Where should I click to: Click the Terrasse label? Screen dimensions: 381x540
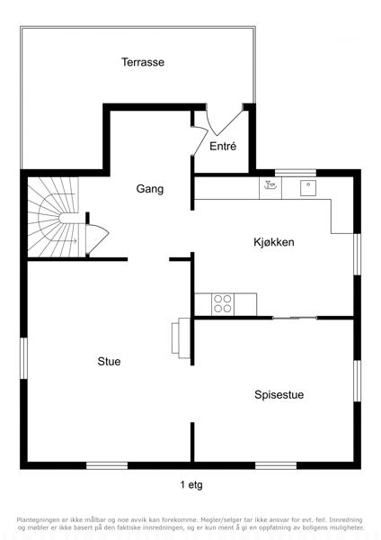point(143,62)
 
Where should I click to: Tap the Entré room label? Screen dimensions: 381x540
point(223,146)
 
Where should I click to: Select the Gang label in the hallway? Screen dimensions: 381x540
point(150,189)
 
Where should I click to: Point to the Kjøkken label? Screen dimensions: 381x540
point(274,242)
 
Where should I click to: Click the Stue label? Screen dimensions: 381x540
point(109,361)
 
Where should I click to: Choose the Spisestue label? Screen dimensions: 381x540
point(279,394)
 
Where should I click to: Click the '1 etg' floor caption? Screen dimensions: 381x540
point(191,485)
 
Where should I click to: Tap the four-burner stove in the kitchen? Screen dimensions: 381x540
point(223,304)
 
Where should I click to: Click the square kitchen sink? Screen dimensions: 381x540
point(308,188)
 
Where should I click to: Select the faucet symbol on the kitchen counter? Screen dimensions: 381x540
point(270,185)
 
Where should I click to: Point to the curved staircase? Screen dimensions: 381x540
point(53,217)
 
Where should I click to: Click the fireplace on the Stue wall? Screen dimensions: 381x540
point(181,337)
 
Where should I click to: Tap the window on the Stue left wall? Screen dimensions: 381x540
point(23,358)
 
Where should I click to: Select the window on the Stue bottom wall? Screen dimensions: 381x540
point(107,465)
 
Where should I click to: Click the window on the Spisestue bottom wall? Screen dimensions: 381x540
point(276,465)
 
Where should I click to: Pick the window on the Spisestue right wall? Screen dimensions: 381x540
point(358,381)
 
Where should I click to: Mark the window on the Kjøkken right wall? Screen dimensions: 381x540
point(358,255)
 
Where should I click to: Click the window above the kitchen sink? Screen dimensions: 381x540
point(296,173)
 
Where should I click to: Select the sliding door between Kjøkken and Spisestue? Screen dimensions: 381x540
point(295,318)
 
